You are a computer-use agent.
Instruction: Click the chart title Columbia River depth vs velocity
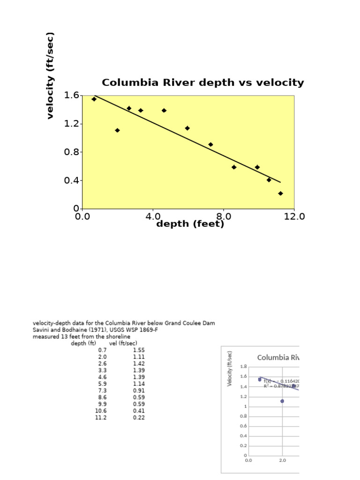click(x=202, y=83)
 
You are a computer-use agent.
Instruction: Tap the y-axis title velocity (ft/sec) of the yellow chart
click(x=51, y=75)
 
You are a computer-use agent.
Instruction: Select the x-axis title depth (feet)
click(x=190, y=224)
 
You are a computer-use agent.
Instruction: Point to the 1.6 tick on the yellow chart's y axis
click(x=73, y=96)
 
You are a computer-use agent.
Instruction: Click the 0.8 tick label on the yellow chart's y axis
click(x=73, y=152)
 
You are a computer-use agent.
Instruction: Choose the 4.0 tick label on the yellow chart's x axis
click(x=153, y=217)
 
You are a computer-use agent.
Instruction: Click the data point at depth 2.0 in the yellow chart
click(x=117, y=130)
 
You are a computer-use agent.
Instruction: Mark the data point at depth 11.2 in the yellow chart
click(x=280, y=193)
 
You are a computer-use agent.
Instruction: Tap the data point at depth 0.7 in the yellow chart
click(x=94, y=99)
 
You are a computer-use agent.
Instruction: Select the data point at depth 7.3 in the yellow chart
click(x=210, y=144)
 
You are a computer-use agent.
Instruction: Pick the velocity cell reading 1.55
click(x=139, y=350)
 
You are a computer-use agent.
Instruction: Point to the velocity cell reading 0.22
click(x=139, y=418)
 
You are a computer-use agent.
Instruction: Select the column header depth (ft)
click(x=83, y=343)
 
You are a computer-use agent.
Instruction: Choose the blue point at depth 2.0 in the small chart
click(x=282, y=401)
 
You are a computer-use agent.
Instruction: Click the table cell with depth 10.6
click(x=101, y=411)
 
